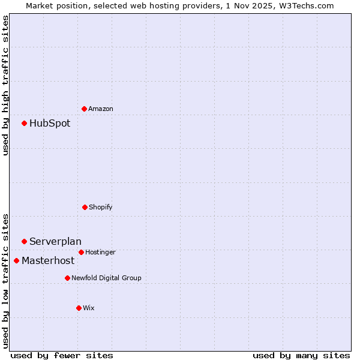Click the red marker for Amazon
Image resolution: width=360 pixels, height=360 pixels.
point(85,109)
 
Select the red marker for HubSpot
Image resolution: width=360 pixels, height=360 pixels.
point(25,123)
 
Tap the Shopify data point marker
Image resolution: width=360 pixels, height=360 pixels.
point(85,207)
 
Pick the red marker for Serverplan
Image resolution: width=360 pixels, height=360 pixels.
point(25,241)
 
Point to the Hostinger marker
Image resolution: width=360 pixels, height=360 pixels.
point(81,252)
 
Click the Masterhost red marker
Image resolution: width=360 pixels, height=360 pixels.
point(17,260)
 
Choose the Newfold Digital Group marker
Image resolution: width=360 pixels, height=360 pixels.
point(67,278)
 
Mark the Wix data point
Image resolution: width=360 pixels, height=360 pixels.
point(79,308)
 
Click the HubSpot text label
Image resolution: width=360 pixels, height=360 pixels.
point(50,124)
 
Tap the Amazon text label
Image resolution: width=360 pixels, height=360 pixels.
point(101,109)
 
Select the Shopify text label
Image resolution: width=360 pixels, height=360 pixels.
point(101,208)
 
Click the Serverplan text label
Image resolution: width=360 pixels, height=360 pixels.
point(55,242)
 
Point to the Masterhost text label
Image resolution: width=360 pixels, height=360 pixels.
point(48,261)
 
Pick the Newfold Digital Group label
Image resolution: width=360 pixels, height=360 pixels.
point(106,278)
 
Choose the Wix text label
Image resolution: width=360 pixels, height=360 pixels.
point(89,308)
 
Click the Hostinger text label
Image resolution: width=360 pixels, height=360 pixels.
point(100,253)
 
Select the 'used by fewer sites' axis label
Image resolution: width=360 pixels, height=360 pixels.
point(62,355)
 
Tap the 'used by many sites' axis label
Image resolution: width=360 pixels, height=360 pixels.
point(301,355)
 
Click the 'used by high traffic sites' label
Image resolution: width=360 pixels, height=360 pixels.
point(6,85)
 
